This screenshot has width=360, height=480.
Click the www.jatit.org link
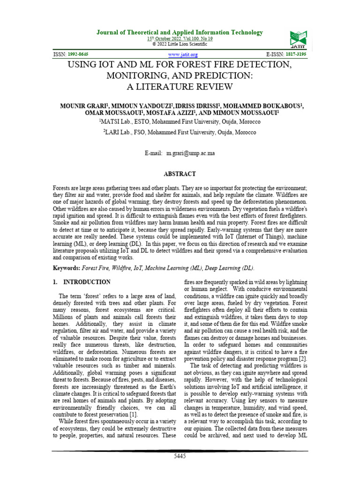click(x=180, y=55)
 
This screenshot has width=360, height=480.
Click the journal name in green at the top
click(x=180, y=32)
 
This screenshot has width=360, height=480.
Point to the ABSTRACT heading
click(x=180, y=174)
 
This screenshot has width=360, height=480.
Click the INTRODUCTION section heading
click(x=87, y=282)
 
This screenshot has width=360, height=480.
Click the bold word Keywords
click(x=66, y=268)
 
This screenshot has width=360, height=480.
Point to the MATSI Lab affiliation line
click(x=180, y=121)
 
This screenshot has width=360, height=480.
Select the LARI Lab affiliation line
click(x=180, y=133)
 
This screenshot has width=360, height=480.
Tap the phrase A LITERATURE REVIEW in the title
click(x=180, y=87)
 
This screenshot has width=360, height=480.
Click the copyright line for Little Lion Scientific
click(x=180, y=44)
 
